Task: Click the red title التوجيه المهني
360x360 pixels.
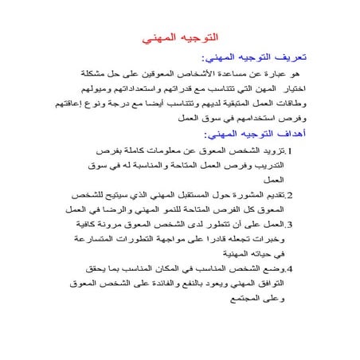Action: coord(179,37)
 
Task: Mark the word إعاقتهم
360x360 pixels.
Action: coord(49,104)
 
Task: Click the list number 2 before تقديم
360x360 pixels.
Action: coord(290,195)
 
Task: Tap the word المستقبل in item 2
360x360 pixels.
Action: coord(173,195)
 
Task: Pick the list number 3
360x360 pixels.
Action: coord(290,225)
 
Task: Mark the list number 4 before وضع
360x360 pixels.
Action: coord(290,269)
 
